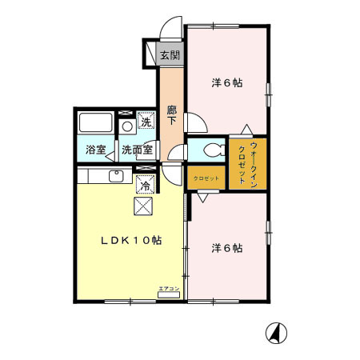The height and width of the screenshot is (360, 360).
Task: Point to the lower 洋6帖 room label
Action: [226, 248]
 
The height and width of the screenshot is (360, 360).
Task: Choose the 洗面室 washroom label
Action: [138, 150]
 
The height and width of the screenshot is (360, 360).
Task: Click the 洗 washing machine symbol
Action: [146, 122]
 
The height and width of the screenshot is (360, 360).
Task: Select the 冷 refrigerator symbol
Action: [146, 185]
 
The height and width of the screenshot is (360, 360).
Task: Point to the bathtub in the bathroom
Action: [96, 124]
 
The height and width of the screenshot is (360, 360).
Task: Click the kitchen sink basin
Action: [114, 176]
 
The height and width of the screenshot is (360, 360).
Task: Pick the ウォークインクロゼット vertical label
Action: [247, 164]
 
